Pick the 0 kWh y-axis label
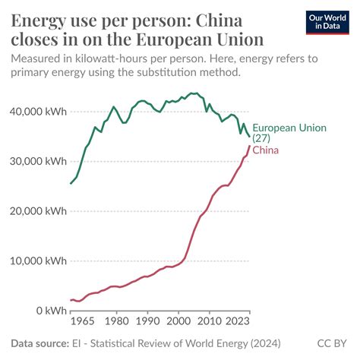pos(46,311)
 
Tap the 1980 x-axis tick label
pos(117,321)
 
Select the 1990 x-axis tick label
pos(148,321)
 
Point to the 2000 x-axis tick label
pos(179,321)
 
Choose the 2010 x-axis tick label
pos(210,321)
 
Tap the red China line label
pos(265,150)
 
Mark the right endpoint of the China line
pos(250,146)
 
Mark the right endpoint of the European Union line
pos(250,137)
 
